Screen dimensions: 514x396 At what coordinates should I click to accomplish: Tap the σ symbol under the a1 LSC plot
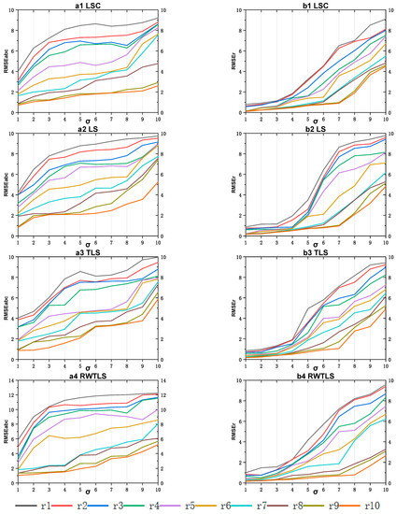click(x=88, y=121)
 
